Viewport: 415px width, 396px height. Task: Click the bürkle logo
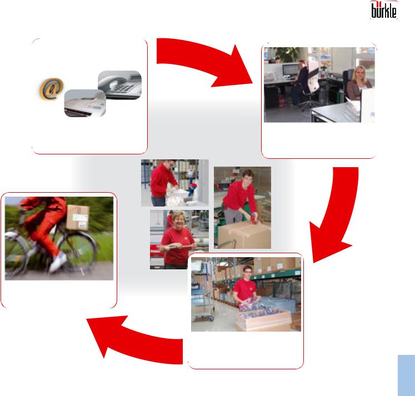pos(384,10)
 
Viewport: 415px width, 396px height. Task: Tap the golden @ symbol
pos(52,89)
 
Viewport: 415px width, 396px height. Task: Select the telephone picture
pos(119,85)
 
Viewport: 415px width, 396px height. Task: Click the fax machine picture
pos(85,103)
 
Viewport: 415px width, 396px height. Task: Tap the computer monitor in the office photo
pos(290,70)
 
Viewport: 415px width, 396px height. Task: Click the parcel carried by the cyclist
pos(78,218)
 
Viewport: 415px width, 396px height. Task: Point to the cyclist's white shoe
pos(59,262)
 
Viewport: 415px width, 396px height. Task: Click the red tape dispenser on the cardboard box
pos(254,219)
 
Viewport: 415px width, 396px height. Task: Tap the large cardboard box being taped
pos(244,235)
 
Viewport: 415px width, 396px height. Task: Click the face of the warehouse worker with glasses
pos(247,273)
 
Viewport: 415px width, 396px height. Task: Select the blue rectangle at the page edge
pos(406,375)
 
